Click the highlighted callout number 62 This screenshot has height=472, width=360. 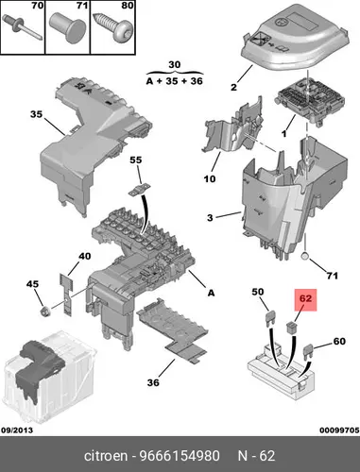pos(305,298)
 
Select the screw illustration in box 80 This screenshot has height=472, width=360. pos(113,29)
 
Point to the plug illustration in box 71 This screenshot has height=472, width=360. pos(67,26)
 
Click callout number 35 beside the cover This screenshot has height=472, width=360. pos(36,114)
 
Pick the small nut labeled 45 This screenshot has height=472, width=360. pos(43,312)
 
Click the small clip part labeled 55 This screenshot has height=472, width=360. pos(139,190)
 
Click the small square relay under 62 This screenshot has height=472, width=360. pos(292,328)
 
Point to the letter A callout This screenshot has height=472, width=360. pos(211,293)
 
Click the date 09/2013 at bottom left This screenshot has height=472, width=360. pos(17,430)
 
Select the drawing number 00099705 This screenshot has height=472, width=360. pos(339,430)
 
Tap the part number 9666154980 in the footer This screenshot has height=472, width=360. pos(180,456)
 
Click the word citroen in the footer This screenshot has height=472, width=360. pos(106,456)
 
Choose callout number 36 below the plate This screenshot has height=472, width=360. pos(153,382)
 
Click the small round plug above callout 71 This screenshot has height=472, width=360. pos(305,257)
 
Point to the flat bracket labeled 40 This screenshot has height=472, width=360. pos(66,295)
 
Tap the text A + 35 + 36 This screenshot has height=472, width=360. pos(175,81)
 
